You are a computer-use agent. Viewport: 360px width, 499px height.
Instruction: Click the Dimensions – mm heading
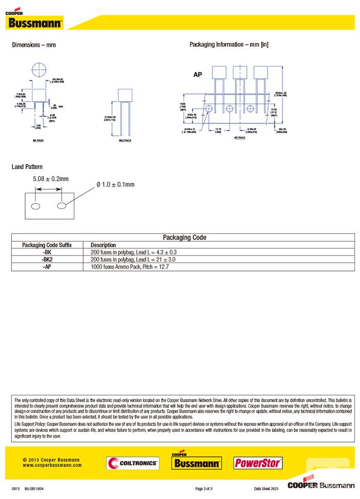(34, 45)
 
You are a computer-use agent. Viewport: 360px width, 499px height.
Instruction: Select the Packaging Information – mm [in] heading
(229, 45)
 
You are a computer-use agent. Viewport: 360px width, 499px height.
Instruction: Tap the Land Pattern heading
(27, 167)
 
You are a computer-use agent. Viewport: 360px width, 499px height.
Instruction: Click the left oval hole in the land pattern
(35, 206)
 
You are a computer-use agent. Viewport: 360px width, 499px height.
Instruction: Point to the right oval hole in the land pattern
(62, 206)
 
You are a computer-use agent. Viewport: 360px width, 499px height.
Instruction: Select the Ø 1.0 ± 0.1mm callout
(116, 184)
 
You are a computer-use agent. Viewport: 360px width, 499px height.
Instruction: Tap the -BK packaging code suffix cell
(47, 252)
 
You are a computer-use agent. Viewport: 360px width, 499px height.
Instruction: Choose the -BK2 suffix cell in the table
(47, 260)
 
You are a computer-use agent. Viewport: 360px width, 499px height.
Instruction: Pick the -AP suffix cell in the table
(47, 267)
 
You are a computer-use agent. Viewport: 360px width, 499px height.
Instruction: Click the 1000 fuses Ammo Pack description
(130, 267)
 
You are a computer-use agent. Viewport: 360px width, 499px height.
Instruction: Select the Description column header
(103, 245)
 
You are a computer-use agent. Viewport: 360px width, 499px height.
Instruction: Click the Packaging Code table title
(184, 237)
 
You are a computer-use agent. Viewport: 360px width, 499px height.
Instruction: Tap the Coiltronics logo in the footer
(133, 463)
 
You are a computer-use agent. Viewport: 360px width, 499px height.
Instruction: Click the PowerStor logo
(258, 463)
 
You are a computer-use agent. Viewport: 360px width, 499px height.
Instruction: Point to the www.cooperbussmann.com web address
(52, 465)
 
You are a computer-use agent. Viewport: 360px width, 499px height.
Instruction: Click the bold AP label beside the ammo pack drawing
(198, 75)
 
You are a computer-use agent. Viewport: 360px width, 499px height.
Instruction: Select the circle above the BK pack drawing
(39, 70)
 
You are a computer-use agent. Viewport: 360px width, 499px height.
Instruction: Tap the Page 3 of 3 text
(204, 488)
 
